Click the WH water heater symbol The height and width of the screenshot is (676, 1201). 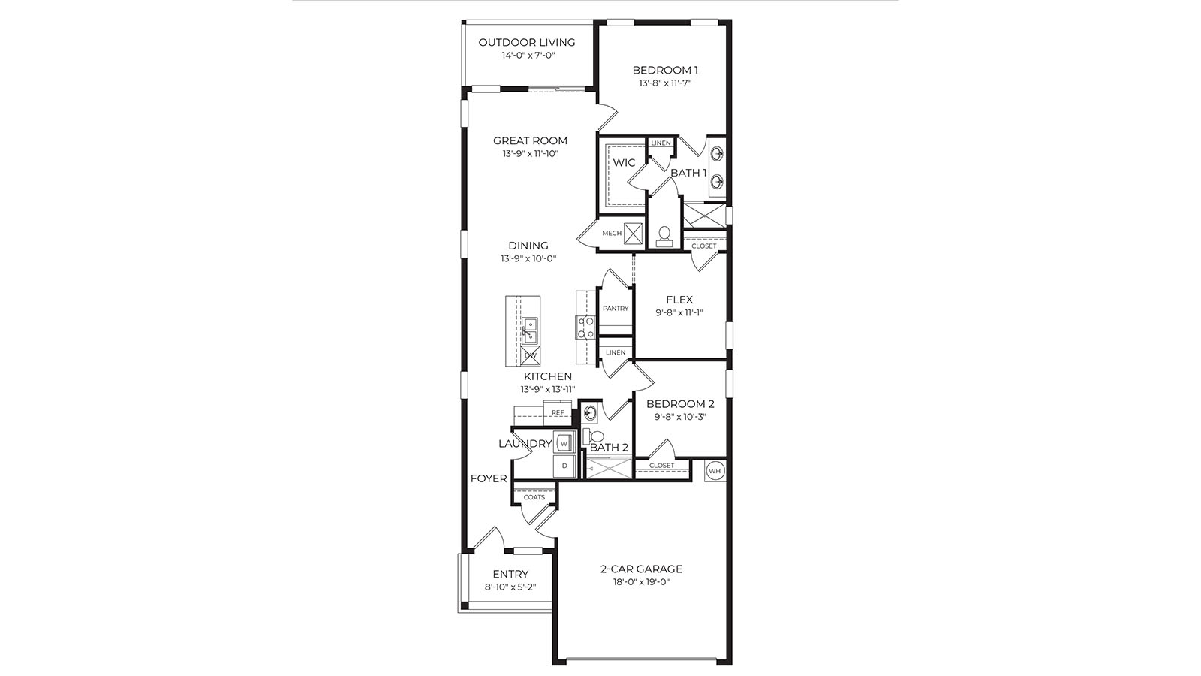715,471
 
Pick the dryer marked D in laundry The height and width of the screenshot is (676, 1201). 564,466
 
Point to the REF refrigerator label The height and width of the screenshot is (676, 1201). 558,412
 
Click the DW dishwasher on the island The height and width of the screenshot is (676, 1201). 531,355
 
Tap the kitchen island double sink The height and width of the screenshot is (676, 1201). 530,328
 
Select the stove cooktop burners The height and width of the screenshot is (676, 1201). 585,327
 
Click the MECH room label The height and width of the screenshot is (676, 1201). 612,234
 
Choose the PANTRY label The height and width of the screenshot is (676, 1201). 616,309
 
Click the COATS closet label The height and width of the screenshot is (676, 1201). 534,497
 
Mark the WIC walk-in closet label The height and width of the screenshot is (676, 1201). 624,163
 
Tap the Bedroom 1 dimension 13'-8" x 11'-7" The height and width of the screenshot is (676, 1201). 665,83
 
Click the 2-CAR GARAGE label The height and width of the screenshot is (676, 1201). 641,569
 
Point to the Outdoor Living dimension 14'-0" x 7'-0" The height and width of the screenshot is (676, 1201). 528,56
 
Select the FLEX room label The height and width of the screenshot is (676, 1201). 679,300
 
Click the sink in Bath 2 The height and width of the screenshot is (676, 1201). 590,412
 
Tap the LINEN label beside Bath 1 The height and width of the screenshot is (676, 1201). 661,143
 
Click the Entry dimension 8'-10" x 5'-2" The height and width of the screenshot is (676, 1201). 510,587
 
